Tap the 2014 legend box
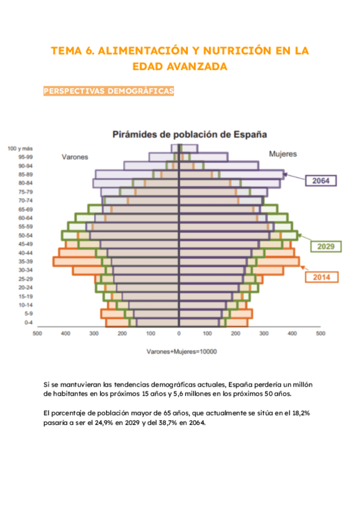point(322,277)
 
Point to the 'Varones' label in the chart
point(75,157)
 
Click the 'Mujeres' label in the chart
point(283,154)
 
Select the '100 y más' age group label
point(20,148)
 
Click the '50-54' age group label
point(25,235)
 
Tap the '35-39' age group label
point(25,262)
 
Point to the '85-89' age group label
point(25,174)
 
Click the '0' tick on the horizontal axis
point(179,333)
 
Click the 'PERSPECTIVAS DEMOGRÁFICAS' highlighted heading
point(109,91)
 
